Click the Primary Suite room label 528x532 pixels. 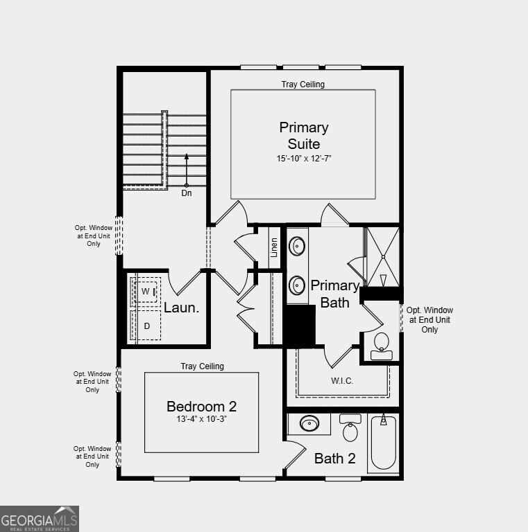[304, 136]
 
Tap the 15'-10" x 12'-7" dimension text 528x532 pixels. [304, 159]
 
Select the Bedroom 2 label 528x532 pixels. [201, 407]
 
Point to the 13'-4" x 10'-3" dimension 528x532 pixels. [201, 420]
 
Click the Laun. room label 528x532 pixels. [181, 308]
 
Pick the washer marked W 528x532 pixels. [146, 292]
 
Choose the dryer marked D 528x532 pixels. [146, 325]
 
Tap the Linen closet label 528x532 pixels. [275, 247]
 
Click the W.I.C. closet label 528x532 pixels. [343, 380]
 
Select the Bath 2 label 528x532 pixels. [334, 458]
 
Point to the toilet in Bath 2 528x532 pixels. [350, 429]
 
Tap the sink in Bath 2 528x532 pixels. [309, 423]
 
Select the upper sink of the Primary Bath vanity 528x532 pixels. [297, 246]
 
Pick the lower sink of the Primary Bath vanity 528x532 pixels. [297, 285]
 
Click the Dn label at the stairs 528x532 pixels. [187, 193]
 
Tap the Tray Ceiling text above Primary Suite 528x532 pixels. [303, 85]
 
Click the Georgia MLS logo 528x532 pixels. [40, 519]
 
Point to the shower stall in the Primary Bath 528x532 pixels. [382, 256]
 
